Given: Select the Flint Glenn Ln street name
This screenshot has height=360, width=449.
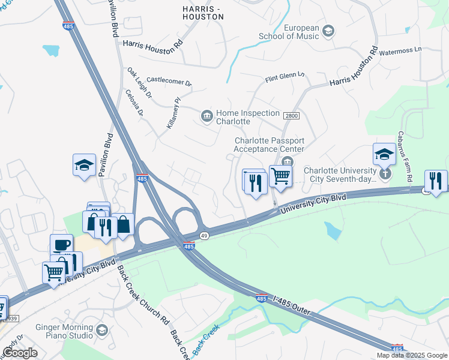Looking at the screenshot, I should (285, 77).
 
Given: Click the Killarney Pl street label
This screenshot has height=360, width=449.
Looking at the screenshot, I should (173, 114).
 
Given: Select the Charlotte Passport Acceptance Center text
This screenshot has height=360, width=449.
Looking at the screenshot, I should (269, 145).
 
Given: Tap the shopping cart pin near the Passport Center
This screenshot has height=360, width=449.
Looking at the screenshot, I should (280, 176).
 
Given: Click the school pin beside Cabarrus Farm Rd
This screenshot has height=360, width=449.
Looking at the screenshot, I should (384, 155).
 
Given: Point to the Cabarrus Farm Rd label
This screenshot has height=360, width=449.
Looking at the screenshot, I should (406, 157).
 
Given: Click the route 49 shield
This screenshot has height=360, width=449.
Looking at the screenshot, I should (205, 235).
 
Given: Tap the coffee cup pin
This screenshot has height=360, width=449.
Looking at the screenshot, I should (61, 244).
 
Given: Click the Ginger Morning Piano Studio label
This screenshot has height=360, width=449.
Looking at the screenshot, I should (61, 331).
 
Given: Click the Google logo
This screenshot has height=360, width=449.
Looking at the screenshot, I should (19, 353).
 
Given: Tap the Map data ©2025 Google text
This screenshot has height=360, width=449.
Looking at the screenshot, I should (411, 355).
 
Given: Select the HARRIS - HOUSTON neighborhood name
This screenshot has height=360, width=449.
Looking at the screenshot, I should (203, 12).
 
